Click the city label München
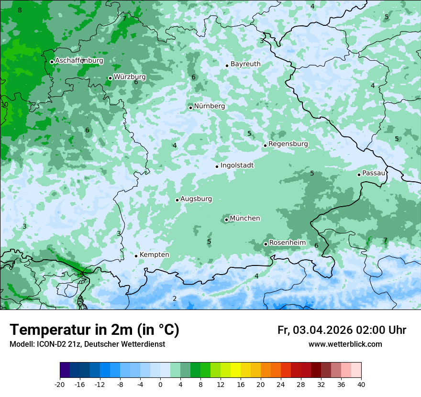(x=245, y=219)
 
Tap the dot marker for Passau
(x=359, y=175)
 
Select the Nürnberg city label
(x=209, y=106)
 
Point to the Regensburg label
(x=288, y=144)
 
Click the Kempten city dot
(x=136, y=256)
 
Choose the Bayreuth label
(x=245, y=64)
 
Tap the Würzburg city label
(x=130, y=77)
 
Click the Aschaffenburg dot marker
(x=52, y=62)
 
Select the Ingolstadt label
(x=237, y=165)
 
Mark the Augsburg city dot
(x=177, y=200)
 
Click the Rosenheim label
(x=287, y=243)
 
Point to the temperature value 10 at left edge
(x=5, y=104)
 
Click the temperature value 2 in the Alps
(x=175, y=299)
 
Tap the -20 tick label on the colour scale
(x=60, y=384)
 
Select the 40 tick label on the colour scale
(x=361, y=384)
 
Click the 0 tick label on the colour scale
(x=160, y=384)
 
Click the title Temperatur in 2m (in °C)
(x=94, y=330)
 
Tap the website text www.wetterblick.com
(x=345, y=344)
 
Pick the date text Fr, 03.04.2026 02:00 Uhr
(x=342, y=330)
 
